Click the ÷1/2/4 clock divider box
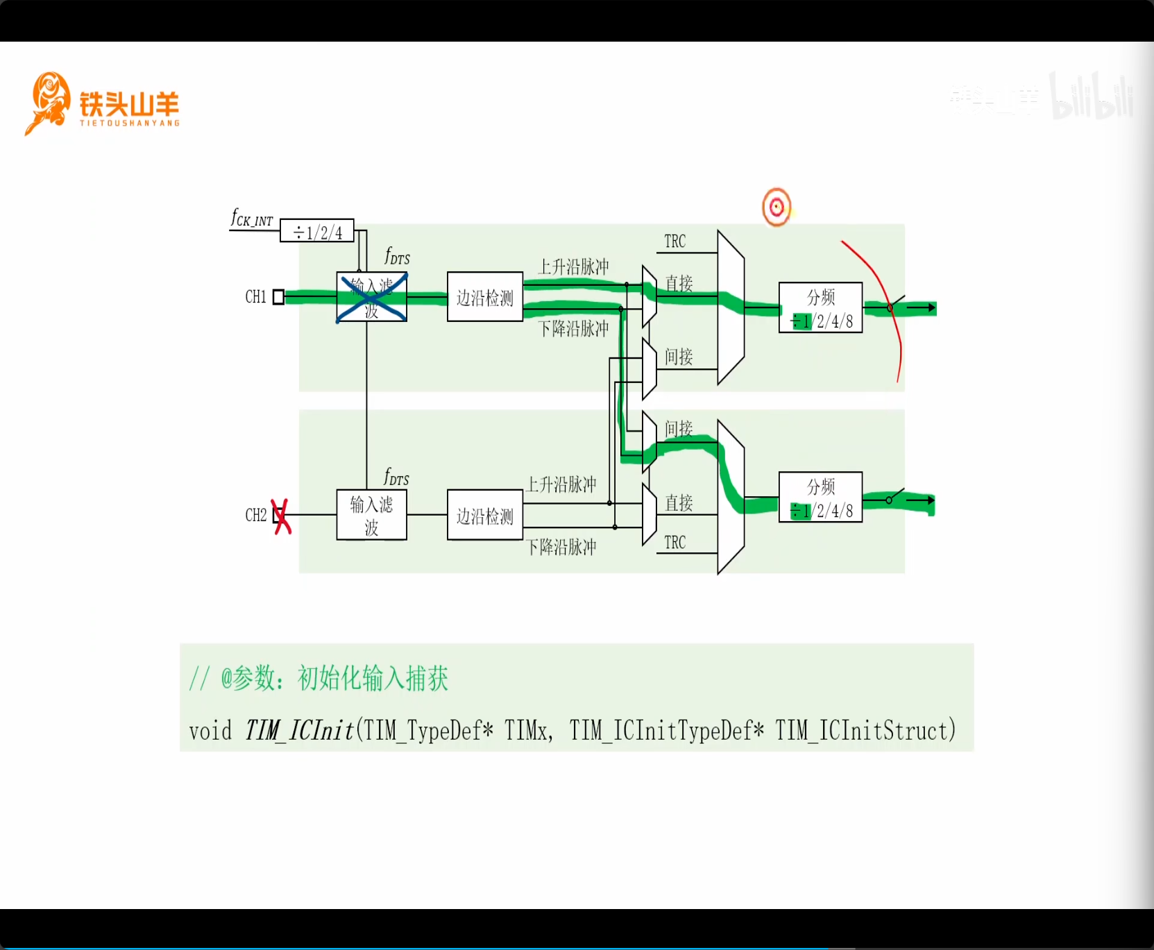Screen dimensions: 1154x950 (317, 231)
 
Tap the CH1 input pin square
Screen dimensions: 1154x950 (278, 297)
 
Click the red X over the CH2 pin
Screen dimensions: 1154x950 (281, 516)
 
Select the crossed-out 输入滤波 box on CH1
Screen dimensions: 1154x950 (371, 297)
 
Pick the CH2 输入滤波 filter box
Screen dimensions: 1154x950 (371, 515)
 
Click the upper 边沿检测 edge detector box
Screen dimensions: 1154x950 (485, 297)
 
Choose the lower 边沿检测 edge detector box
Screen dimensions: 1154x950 (485, 515)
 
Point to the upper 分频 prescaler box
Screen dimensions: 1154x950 (820, 307)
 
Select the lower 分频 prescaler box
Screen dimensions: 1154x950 (820, 497)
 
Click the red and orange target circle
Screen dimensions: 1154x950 (777, 207)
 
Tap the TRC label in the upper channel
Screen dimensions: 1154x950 (674, 241)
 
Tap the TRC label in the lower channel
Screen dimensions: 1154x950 (674, 543)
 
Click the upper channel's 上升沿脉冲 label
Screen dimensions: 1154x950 (573, 266)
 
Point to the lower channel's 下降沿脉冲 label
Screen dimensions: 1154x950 (561, 547)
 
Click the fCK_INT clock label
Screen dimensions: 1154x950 (252, 219)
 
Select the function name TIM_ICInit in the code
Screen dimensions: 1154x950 (299, 731)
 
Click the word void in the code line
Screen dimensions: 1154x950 (210, 731)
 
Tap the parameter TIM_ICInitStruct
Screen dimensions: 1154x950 (865, 731)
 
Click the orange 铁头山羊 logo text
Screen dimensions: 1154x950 (129, 105)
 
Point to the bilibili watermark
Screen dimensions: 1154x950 (1091, 97)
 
